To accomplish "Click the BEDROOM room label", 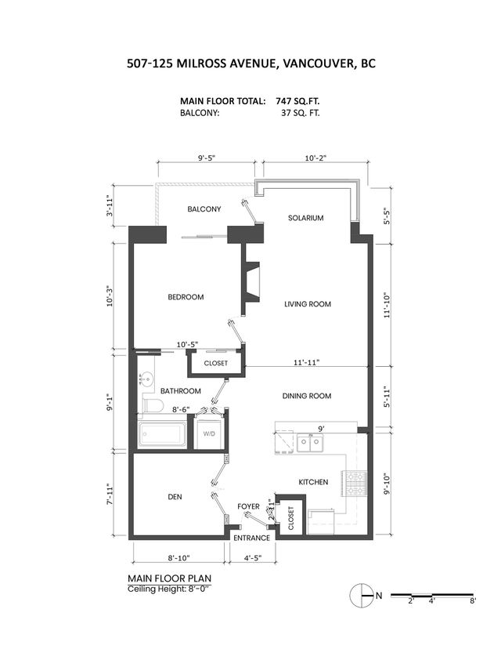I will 186,297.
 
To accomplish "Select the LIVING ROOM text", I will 307,304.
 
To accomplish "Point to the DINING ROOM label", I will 307,396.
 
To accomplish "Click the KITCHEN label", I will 312,481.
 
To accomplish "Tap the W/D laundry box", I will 209,433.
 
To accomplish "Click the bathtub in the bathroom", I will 162,434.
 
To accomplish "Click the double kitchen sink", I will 310,444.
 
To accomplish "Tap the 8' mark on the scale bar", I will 472,601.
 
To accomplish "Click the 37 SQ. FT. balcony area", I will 301,113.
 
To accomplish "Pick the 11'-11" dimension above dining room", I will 306,363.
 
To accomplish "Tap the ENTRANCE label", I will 251,538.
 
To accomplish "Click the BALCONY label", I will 204,209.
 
